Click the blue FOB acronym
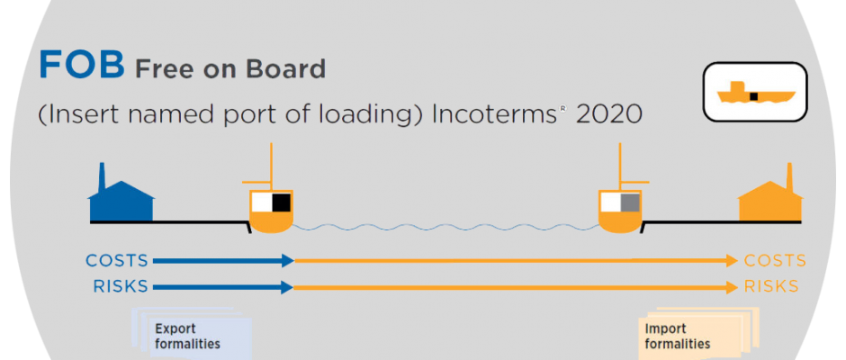pos(82,64)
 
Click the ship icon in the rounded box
pos(755,93)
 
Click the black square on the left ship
pos(281,202)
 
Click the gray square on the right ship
pos(630,202)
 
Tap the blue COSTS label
pos(117,261)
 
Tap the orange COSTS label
pos(775,261)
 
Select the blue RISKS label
pos(121,286)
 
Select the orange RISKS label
pos(771,286)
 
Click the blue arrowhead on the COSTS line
pos(287,261)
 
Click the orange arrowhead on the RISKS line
pos(732,286)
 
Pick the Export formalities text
pos(187,337)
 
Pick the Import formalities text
pos(677,337)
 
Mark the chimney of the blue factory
pos(101,177)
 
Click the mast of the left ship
pos(271,166)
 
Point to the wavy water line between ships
pos(445,227)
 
